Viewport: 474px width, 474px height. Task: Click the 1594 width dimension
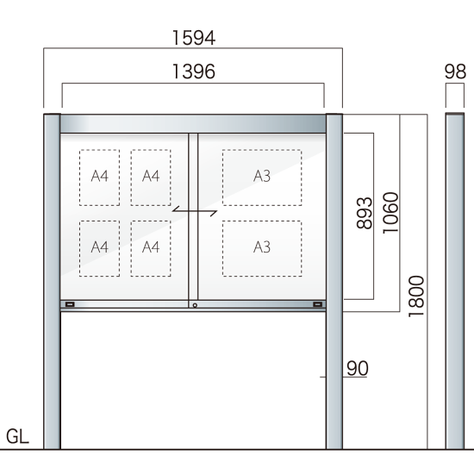pyautogui.click(x=194, y=38)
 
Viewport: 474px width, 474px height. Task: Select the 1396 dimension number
pyautogui.click(x=194, y=72)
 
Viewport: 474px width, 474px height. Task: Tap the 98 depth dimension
pyautogui.click(x=455, y=72)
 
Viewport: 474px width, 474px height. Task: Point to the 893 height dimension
pyautogui.click(x=365, y=213)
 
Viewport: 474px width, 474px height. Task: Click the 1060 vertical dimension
pyautogui.click(x=391, y=213)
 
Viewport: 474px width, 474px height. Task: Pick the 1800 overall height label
pyautogui.click(x=416, y=296)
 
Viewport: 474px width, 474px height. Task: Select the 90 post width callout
pyautogui.click(x=358, y=368)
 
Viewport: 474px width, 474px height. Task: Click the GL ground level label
pyautogui.click(x=17, y=437)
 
